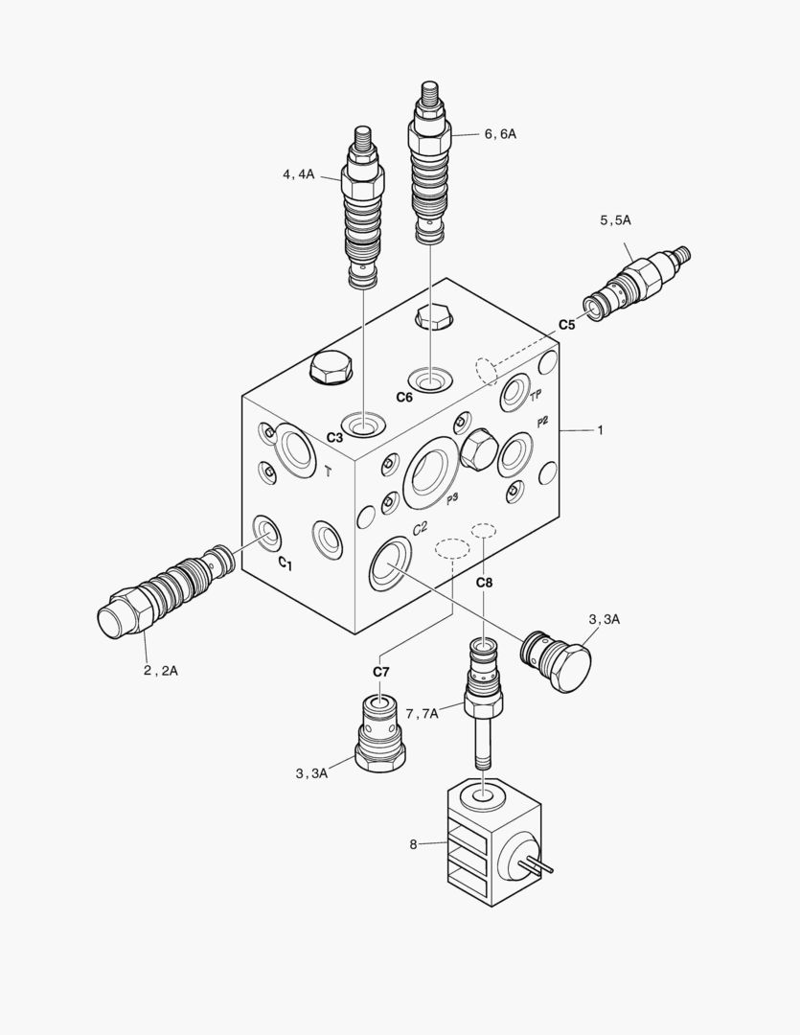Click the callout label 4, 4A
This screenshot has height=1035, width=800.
pyautogui.click(x=298, y=174)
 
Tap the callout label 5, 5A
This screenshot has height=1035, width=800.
pyautogui.click(x=615, y=220)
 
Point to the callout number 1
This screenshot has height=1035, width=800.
pyautogui.click(x=600, y=430)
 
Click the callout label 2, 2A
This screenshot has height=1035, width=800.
pyautogui.click(x=160, y=670)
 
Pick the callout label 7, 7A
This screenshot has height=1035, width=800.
pyautogui.click(x=422, y=712)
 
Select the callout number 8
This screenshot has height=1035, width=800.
pyautogui.click(x=414, y=844)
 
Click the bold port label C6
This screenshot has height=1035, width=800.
pyautogui.click(x=404, y=397)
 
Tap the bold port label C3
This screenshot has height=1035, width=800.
pyautogui.click(x=334, y=437)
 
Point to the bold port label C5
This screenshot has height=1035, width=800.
pyautogui.click(x=567, y=325)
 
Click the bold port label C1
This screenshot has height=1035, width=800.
pyautogui.click(x=285, y=563)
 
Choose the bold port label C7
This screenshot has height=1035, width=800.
pyautogui.click(x=380, y=671)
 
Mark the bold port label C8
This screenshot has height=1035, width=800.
pyautogui.click(x=485, y=582)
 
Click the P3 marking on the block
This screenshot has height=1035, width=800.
pyautogui.click(x=451, y=497)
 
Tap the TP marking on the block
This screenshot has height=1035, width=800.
pyautogui.click(x=536, y=394)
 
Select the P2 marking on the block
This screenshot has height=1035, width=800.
pyautogui.click(x=542, y=422)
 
